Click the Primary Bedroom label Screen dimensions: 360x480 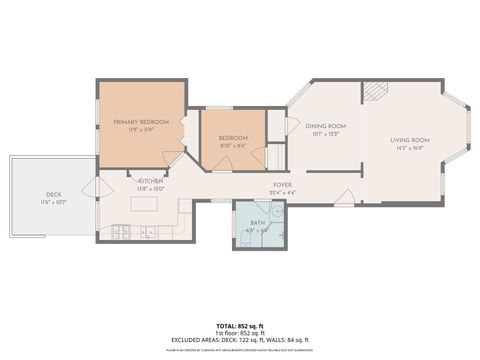click(141, 121)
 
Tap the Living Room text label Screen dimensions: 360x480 click(410, 140)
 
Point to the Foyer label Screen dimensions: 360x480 click(282, 185)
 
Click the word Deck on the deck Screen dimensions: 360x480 click(53, 194)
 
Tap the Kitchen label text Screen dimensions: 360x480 click(150, 181)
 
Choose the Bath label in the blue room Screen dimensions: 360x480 click(258, 223)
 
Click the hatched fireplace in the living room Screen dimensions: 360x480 click(372, 91)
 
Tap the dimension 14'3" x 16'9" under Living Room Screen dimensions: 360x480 click(410, 147)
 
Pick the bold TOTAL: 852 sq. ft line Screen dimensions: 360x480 click(240, 326)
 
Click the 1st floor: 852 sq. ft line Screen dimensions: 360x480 click(240, 333)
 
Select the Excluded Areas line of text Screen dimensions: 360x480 click(240, 340)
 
